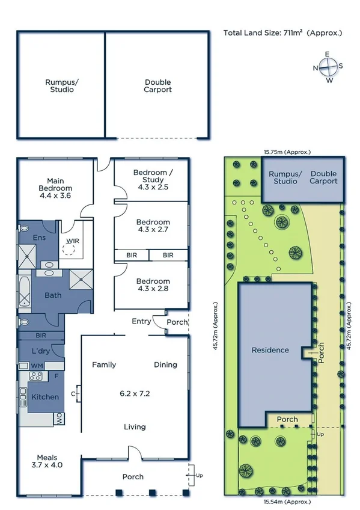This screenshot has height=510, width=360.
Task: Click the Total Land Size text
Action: (x=282, y=33)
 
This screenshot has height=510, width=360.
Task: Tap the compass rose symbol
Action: (x=328, y=67)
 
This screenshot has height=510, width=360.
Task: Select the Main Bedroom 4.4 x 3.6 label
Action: (x=55, y=188)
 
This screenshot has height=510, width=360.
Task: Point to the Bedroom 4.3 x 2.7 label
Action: (x=153, y=226)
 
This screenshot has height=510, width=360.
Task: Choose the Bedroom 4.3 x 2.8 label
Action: (x=153, y=285)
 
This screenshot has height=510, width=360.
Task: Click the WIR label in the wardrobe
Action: (x=72, y=242)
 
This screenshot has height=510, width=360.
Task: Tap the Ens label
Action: (x=39, y=238)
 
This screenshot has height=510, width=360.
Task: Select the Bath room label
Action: (x=53, y=295)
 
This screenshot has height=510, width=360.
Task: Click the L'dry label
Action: (x=40, y=351)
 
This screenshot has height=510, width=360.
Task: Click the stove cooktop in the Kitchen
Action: (x=35, y=376)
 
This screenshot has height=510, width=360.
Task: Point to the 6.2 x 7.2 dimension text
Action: (x=135, y=395)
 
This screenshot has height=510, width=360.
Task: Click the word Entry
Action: (x=141, y=321)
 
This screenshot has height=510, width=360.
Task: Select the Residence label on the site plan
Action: (x=270, y=350)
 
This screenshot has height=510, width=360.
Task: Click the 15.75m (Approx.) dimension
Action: (x=284, y=152)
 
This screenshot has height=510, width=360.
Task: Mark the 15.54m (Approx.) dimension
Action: (x=284, y=501)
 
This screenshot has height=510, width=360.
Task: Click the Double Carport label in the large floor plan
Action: (x=157, y=86)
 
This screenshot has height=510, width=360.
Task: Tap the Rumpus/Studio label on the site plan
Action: (x=285, y=177)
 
